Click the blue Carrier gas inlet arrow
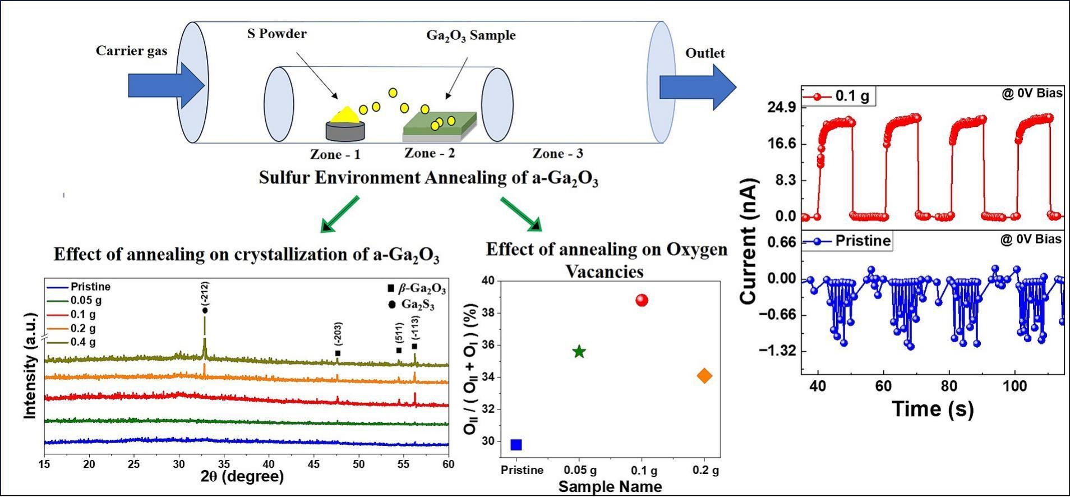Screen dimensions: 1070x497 (x=167, y=86)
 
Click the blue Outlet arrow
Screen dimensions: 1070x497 (x=698, y=87)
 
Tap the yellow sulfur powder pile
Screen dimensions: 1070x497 (x=347, y=114)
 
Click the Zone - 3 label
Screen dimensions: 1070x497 (x=557, y=153)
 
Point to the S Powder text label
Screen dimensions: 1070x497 (x=277, y=34)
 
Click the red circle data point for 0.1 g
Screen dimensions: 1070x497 (x=642, y=300)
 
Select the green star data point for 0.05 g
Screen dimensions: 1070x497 (x=579, y=352)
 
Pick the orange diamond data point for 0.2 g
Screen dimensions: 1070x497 (x=704, y=376)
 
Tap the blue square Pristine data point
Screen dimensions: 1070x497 (x=516, y=445)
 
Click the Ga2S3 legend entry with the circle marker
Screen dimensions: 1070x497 (x=411, y=305)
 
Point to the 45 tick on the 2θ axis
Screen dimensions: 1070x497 (x=313, y=464)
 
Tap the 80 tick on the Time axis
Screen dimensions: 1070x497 (x=949, y=386)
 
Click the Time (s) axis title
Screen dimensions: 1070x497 (x=933, y=409)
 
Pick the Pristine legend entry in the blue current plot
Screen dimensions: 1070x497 (x=847, y=241)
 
